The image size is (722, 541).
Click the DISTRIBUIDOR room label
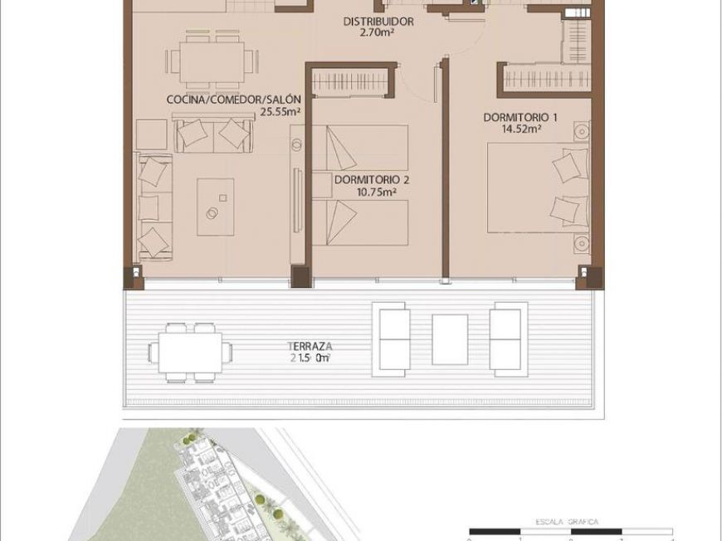(378, 22)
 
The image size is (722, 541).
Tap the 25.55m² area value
(280, 110)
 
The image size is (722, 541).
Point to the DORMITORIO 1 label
(520, 117)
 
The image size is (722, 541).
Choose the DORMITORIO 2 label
(372, 178)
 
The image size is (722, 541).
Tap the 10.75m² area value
(377, 191)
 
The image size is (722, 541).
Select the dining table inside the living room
(210, 61)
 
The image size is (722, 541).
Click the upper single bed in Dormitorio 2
(361, 147)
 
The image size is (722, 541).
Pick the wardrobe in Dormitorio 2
(350, 82)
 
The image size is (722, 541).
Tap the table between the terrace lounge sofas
(450, 338)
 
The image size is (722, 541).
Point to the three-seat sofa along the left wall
(154, 206)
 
